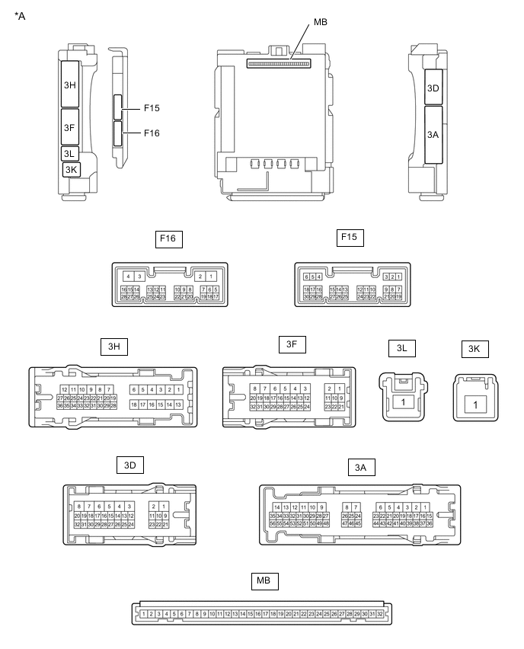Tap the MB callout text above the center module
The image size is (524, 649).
[x=321, y=23]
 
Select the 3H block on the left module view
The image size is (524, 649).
[x=71, y=85]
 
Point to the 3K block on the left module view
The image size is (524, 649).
[x=72, y=169]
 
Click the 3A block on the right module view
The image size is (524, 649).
[x=433, y=134]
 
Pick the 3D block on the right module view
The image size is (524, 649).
[x=433, y=88]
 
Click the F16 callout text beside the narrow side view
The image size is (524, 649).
[x=152, y=133]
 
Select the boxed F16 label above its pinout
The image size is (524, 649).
[x=168, y=238]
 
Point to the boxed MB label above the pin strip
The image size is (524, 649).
[x=263, y=581]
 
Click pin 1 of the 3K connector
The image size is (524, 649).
[x=475, y=404]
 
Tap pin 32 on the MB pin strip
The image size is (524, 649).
[x=380, y=614]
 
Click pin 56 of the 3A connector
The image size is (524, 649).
[x=273, y=524]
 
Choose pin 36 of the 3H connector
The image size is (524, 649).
[x=60, y=406]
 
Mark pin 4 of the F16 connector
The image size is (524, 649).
[x=129, y=277]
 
